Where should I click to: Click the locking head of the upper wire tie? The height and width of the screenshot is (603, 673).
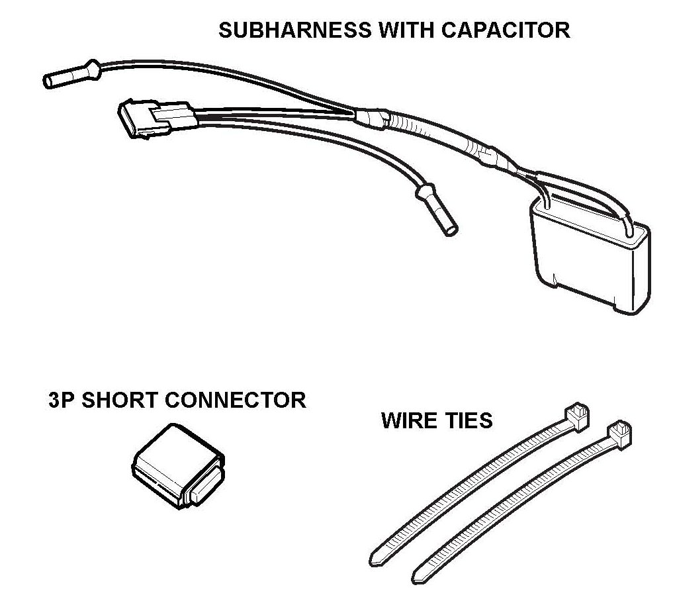pyautogui.click(x=576, y=417)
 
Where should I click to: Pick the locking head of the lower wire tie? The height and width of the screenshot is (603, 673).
pyautogui.click(x=619, y=433)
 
